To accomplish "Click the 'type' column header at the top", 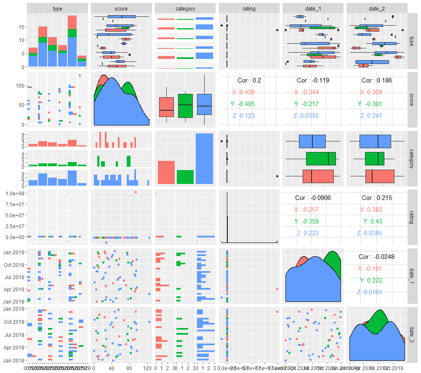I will [x=58, y=8].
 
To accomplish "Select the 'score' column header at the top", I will [x=121, y=8].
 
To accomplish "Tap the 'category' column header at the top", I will [x=185, y=8].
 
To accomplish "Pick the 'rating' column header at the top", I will [x=249, y=8].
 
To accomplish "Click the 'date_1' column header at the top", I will [x=313, y=8].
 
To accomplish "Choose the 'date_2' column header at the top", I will [x=377, y=8].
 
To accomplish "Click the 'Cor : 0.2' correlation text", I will [x=249, y=80].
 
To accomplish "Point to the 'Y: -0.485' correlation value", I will [x=249, y=104].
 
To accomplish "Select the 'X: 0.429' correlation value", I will [x=249, y=92].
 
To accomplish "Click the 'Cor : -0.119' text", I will [x=313, y=80].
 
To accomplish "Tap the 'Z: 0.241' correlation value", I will [x=377, y=116].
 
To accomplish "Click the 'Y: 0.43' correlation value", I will [x=377, y=221].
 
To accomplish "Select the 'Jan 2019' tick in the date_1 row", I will [x=14, y=252].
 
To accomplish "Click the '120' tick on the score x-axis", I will [x=148, y=367].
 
